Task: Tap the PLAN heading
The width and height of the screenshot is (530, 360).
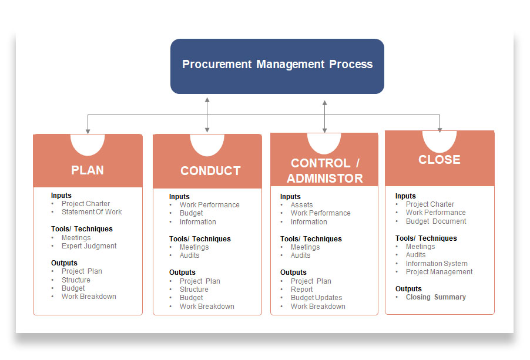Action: (x=88, y=170)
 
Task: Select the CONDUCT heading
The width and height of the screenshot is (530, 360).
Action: (x=210, y=171)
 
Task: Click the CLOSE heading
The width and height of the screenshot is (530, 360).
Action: (x=439, y=160)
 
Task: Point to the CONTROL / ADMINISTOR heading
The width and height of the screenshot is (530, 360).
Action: (x=324, y=170)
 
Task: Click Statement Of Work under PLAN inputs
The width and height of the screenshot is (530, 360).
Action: (x=92, y=212)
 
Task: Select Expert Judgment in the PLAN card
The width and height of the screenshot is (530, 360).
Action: (x=89, y=246)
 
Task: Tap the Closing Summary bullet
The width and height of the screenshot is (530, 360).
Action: (x=435, y=297)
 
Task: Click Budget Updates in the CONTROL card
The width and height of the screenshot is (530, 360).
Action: (x=316, y=298)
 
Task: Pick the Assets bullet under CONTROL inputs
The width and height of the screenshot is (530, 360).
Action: (x=301, y=205)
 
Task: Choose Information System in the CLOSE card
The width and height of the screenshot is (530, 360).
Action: (x=436, y=264)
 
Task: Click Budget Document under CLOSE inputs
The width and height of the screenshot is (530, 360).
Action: (x=435, y=221)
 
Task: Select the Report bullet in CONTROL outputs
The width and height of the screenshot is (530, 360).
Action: (x=301, y=290)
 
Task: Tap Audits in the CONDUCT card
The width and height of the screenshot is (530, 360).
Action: (x=189, y=255)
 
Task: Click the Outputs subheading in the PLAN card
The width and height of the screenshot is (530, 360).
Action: (x=64, y=263)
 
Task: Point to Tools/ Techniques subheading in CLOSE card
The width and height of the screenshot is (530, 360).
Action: (x=426, y=238)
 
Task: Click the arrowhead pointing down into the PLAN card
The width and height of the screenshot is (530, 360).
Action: (x=88, y=130)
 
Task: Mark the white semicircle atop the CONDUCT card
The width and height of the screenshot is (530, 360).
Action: (x=207, y=144)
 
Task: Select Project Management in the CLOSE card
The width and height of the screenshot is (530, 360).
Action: (x=439, y=272)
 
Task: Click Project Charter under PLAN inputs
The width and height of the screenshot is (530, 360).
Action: (x=86, y=204)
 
